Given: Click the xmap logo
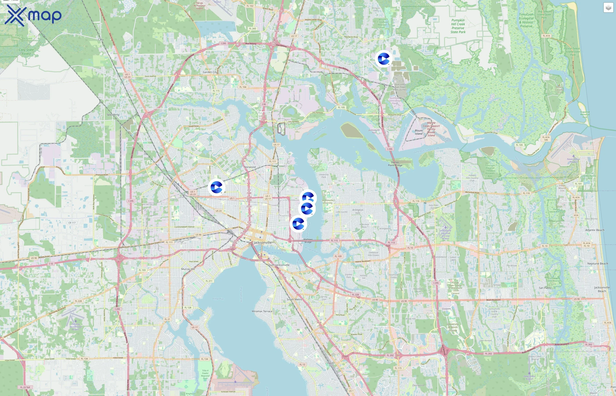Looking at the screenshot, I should point(33,15).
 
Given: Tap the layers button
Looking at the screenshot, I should point(608,8).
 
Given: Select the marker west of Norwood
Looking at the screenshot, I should point(216,187).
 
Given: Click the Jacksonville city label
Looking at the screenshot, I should point(262,242).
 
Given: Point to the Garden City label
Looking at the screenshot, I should point(210,72).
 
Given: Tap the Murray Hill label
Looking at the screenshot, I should point(188,269).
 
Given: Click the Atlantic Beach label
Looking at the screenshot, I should point(595,230).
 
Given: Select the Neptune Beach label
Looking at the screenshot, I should point(598,264).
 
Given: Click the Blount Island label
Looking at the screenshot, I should point(419,132).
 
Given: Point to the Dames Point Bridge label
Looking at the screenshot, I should point(395,164).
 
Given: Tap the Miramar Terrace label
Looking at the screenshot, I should point(262,311).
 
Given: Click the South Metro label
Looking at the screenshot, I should point(294,300).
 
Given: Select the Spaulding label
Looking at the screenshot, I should point(113,115).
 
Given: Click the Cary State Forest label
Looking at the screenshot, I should point(26,52).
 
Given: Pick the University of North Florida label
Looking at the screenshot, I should point(453,327).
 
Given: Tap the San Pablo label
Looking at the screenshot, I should point(545,288).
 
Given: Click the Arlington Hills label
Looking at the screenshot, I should point(358,211).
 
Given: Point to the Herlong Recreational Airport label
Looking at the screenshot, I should point(76,326).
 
